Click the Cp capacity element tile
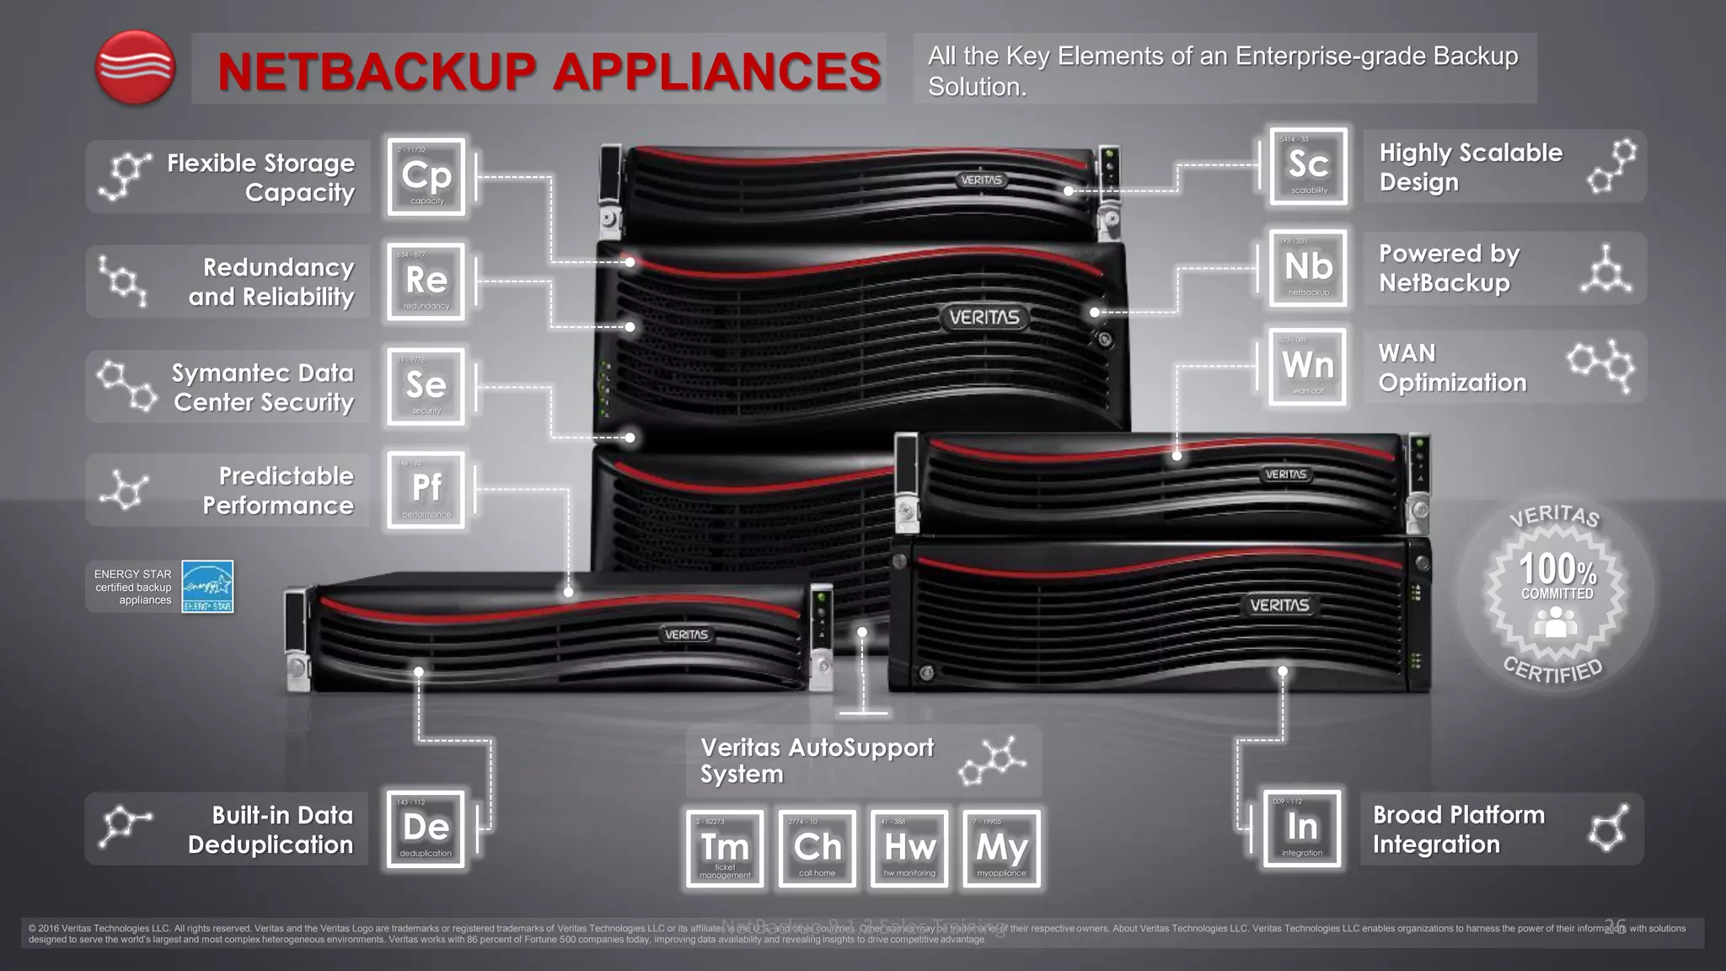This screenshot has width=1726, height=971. (x=426, y=177)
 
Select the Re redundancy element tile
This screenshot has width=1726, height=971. (x=426, y=282)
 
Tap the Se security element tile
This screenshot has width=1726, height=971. (x=426, y=386)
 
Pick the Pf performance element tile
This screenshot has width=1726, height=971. (x=426, y=490)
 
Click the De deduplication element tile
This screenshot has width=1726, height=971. (x=426, y=829)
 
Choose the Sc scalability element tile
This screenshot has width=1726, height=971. (x=1309, y=166)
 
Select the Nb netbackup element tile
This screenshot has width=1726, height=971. (x=1309, y=268)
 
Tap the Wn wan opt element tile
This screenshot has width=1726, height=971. (x=1308, y=367)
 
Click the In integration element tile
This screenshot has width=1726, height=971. (x=1302, y=829)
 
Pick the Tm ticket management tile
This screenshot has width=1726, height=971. (x=725, y=849)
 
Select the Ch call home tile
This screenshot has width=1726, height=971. (x=817, y=849)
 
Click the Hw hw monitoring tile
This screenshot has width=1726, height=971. (x=909, y=849)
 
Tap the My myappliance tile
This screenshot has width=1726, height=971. (x=1001, y=849)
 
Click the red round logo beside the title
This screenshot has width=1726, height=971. (x=135, y=67)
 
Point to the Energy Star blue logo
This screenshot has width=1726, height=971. (x=207, y=587)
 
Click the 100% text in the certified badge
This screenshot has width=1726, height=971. (x=1557, y=569)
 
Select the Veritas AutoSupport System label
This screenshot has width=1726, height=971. (x=817, y=760)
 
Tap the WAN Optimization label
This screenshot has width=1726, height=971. (x=1452, y=367)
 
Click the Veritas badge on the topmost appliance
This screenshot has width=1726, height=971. (x=981, y=180)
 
